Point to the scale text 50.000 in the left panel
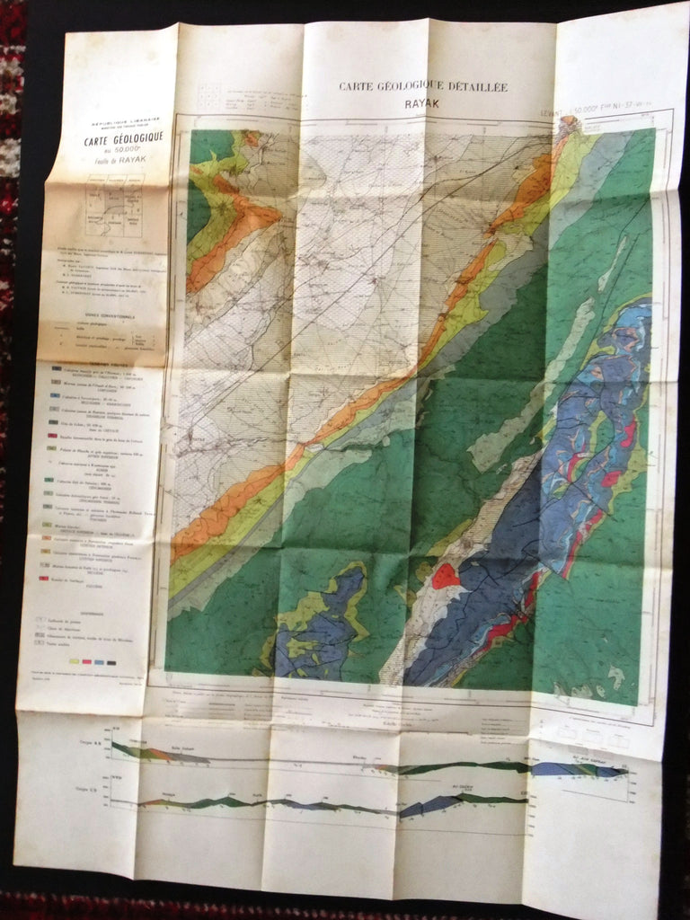click(x=122, y=150)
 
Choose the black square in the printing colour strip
click(x=111, y=661)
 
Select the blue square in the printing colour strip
click(x=99, y=661)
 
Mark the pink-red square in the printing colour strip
click(x=86, y=661)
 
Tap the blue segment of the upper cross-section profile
click(x=550, y=769)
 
